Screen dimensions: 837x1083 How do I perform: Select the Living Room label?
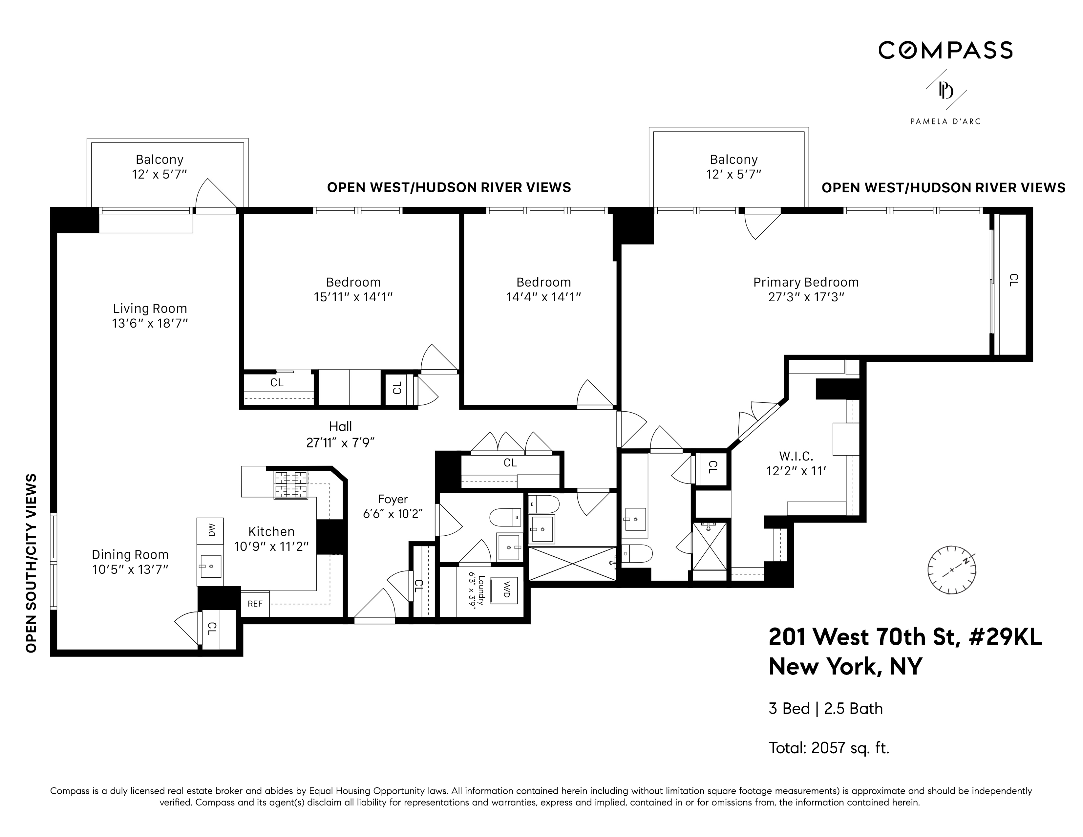[150, 309]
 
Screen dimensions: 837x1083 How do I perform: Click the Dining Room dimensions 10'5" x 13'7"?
[130, 569]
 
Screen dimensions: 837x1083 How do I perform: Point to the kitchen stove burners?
[291, 484]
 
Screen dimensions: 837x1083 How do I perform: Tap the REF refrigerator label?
[255, 604]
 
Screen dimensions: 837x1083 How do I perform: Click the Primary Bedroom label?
[806, 282]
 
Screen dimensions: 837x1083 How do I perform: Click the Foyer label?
[393, 499]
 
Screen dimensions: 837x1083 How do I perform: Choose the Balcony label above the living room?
[160, 160]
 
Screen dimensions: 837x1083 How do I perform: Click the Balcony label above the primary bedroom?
[733, 160]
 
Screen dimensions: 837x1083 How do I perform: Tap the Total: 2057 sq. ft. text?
[829, 748]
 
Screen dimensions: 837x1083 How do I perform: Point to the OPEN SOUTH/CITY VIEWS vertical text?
[31, 563]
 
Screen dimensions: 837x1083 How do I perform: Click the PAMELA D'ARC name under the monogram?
[945, 121]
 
